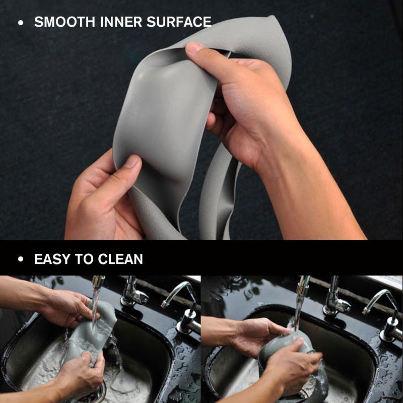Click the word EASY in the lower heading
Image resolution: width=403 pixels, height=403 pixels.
coord(53,259)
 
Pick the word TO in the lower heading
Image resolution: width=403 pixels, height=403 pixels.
coord(84,259)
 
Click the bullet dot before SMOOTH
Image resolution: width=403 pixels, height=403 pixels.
coord(21,23)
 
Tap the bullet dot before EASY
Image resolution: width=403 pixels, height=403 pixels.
coord(21,260)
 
